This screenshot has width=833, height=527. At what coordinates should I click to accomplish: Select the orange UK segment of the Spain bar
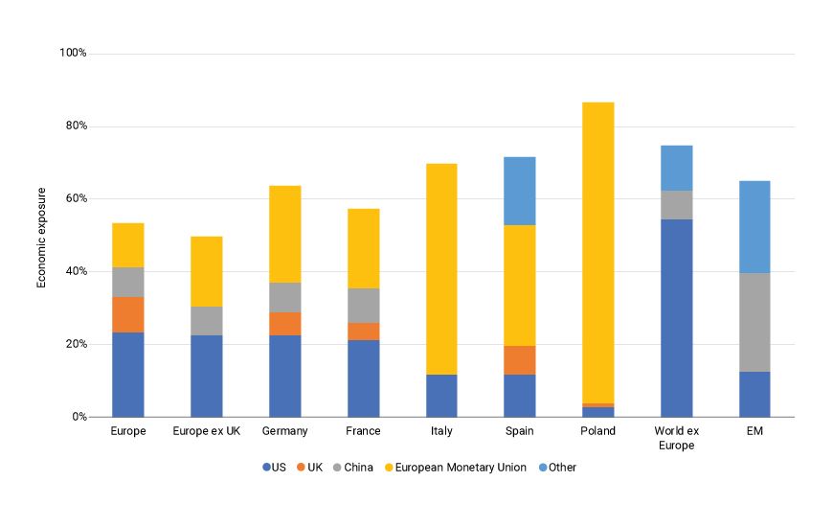[519, 359]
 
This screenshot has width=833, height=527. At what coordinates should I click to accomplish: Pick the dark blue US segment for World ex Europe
[676, 317]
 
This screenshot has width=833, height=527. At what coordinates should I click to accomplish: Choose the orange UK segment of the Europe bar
[128, 314]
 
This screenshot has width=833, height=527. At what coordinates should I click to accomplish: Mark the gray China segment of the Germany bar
[284, 297]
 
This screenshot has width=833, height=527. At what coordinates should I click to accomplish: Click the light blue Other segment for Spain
[519, 191]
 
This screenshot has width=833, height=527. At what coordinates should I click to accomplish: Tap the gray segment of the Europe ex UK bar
[206, 321]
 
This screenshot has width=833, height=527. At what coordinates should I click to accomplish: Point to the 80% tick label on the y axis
[74, 126]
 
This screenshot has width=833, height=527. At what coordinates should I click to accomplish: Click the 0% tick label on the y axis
[79, 417]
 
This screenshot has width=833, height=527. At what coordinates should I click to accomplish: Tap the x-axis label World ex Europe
[676, 438]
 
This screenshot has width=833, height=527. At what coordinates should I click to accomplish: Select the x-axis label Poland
[597, 431]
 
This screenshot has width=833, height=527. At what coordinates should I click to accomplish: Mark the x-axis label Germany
[284, 431]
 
